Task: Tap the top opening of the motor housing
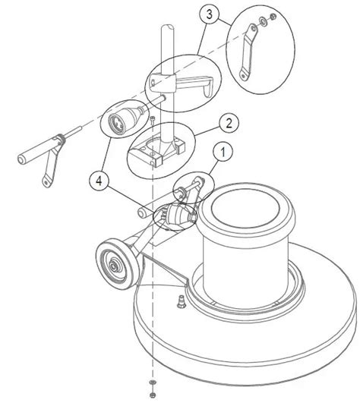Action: tap(245, 211)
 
